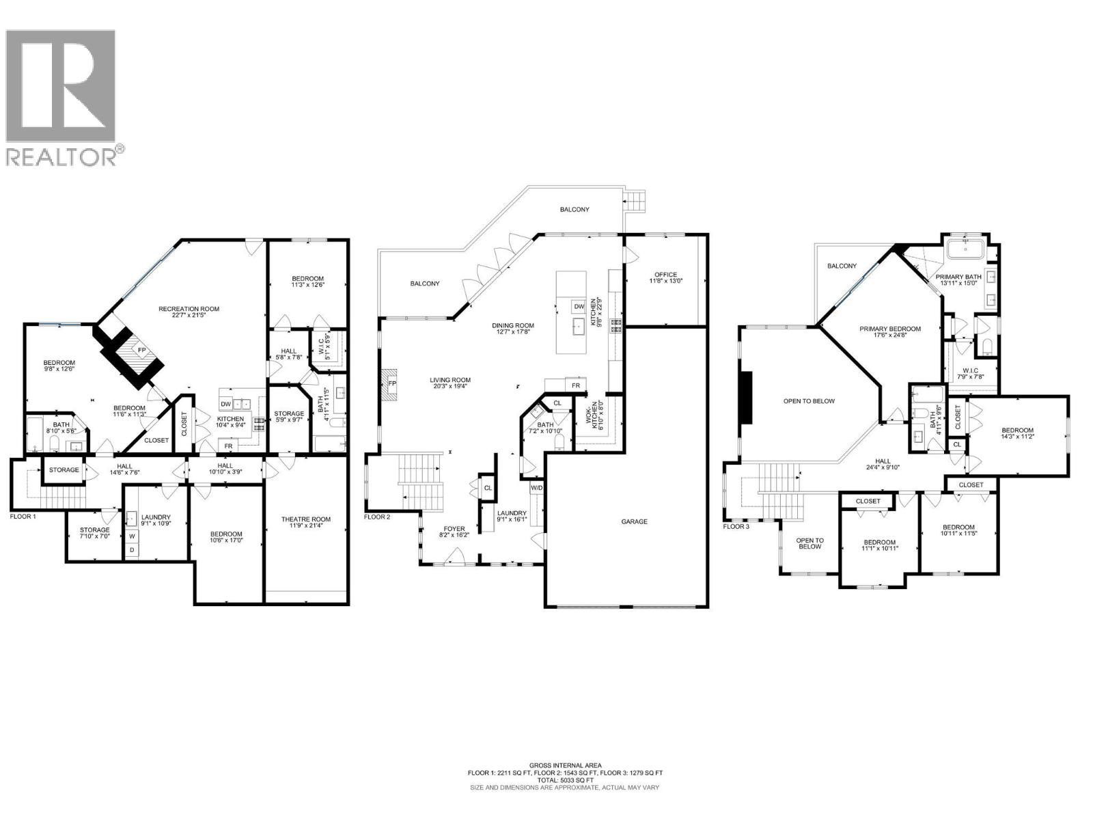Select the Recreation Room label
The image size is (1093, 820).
click(189, 309)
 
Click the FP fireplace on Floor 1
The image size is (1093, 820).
click(141, 350)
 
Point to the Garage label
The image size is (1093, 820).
click(634, 521)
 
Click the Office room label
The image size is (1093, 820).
click(665, 275)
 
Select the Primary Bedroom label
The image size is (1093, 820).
click(889, 329)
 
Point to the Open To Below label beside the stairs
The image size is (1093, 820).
click(810, 543)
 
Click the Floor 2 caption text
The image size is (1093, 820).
click(377, 517)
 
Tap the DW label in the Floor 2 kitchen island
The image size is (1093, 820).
click(579, 307)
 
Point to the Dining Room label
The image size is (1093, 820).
click(513, 325)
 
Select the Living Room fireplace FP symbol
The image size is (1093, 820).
click(391, 384)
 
